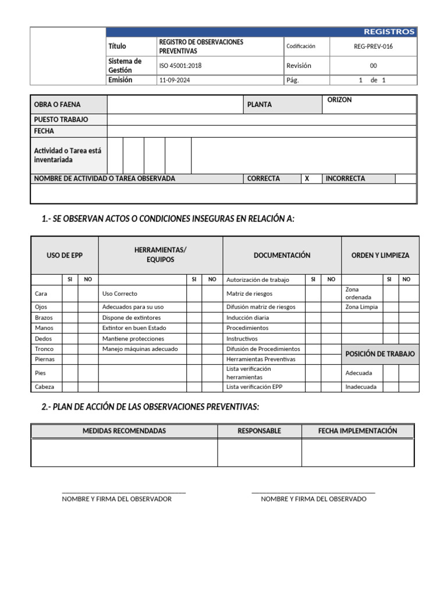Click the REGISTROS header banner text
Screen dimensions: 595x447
click(389, 32)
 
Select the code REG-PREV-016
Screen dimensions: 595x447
click(373, 46)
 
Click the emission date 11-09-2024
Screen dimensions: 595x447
click(175, 80)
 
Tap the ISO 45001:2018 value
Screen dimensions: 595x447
click(180, 66)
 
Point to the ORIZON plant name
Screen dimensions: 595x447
click(339, 100)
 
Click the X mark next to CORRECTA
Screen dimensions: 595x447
click(307, 179)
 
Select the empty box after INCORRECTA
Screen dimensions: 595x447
click(406, 179)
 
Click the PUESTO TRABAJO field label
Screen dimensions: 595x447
click(61, 120)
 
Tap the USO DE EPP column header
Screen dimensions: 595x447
click(65, 255)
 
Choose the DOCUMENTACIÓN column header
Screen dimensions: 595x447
click(282, 255)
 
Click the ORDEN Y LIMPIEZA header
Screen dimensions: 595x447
click(380, 255)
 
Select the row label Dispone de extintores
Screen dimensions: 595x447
click(132, 318)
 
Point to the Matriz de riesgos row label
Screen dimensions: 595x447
click(249, 294)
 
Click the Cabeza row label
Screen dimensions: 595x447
click(45, 386)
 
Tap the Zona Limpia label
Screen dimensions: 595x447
click(361, 307)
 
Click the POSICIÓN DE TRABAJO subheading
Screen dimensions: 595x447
click(380, 354)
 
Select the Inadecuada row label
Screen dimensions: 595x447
click(361, 386)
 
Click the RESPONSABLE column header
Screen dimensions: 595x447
click(259, 431)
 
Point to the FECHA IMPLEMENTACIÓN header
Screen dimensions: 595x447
click(357, 431)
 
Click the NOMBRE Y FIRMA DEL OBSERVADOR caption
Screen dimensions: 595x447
click(116, 499)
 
